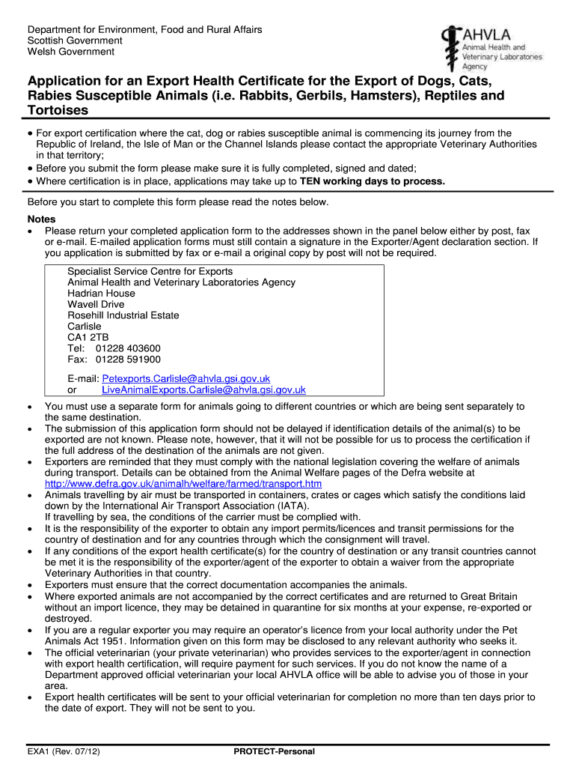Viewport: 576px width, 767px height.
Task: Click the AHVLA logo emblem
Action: point(450,46)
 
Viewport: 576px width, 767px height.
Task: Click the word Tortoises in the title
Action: point(58,110)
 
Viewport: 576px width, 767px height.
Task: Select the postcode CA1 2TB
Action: point(88,337)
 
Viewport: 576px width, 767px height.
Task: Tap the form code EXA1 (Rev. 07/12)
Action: point(64,751)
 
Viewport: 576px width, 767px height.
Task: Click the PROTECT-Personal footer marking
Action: point(274,751)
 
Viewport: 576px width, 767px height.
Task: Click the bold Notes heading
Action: point(41,219)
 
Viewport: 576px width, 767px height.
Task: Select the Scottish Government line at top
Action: point(75,40)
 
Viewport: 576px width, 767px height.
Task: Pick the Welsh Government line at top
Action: point(71,52)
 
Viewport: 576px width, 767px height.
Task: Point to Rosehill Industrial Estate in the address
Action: point(123,315)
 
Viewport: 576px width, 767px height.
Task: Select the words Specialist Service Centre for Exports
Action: point(150,271)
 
